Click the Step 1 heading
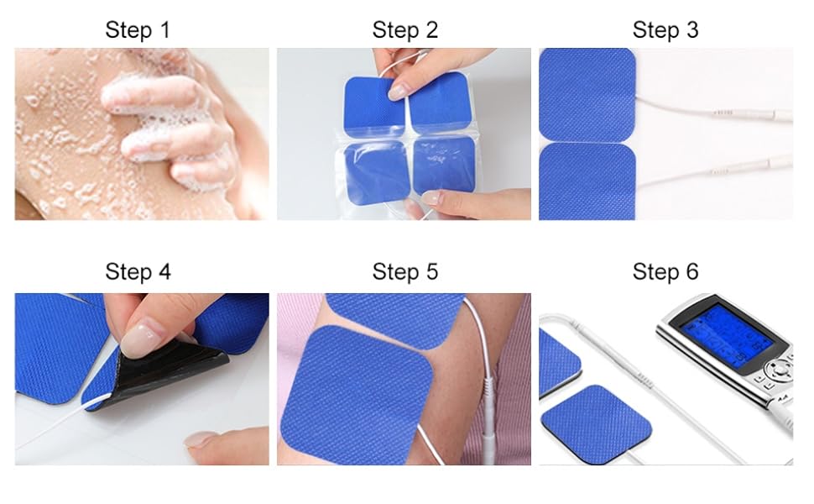point(138,29)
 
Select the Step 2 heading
point(405,29)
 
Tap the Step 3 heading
point(665,29)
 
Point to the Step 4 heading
point(138,271)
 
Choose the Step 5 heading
point(405,271)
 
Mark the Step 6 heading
point(665,271)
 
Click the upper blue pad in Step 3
point(587,95)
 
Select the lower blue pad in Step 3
point(587,181)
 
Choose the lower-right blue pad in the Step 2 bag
point(445,166)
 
